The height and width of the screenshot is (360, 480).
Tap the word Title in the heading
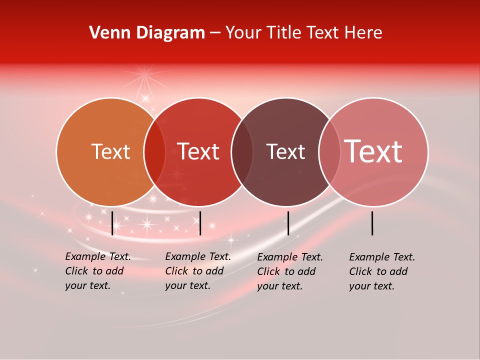285,33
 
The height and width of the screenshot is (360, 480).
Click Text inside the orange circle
110,152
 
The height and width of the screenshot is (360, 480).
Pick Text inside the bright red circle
198,152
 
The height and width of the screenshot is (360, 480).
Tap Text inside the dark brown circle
285,152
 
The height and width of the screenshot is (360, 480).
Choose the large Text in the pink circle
373,151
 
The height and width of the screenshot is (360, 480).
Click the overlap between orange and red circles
154,152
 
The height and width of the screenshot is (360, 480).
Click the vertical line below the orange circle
112,223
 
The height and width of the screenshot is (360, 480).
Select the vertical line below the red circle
200,223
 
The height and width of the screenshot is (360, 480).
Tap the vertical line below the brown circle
288,223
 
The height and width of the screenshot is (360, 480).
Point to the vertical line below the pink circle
372,223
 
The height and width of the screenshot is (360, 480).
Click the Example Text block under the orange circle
97,271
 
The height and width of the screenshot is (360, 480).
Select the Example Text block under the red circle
197,271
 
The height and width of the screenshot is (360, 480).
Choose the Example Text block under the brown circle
289,271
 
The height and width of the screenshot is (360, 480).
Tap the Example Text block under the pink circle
381,271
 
